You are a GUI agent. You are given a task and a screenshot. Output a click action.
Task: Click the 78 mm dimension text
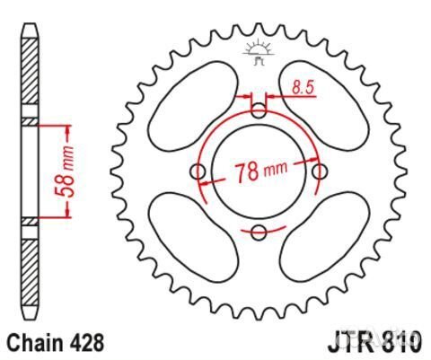point(260,171)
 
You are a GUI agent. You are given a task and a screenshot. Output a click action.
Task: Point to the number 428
point(88,342)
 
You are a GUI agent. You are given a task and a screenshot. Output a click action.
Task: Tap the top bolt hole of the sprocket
point(259,110)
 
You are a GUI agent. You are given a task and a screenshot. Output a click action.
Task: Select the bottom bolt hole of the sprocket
point(259,233)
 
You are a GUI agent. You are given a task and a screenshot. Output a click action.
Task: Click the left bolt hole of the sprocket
point(198,172)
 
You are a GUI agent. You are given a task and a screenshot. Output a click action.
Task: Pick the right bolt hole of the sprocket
point(321,172)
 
